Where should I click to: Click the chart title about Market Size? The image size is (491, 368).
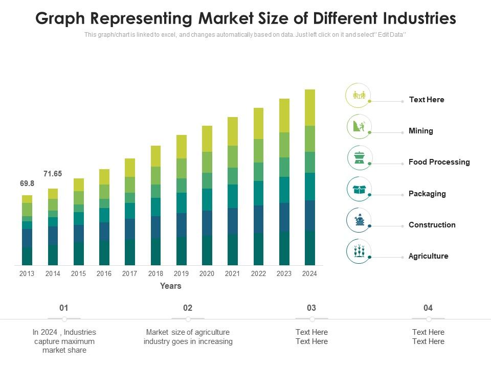(x=245, y=18)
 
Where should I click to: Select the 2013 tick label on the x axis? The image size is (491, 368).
(x=27, y=273)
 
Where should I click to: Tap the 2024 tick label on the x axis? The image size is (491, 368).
(x=309, y=273)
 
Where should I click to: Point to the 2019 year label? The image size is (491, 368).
(x=181, y=273)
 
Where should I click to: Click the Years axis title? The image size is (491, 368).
(x=170, y=286)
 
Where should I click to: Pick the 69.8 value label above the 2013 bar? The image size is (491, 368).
(x=27, y=183)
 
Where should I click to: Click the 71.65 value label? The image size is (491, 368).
(x=53, y=174)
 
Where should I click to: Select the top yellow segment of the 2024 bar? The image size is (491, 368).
(x=309, y=107)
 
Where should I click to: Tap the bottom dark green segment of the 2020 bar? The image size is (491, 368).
(x=207, y=250)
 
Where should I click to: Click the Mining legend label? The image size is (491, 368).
(x=420, y=131)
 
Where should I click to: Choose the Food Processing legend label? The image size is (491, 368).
(x=439, y=162)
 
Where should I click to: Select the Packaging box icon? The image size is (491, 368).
(x=360, y=190)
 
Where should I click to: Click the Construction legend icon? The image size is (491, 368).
(x=360, y=220)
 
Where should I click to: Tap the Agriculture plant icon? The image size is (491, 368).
(x=360, y=251)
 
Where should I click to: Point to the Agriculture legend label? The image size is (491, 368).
(x=428, y=256)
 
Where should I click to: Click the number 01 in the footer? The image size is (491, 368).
(x=64, y=308)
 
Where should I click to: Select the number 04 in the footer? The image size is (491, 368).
(x=428, y=308)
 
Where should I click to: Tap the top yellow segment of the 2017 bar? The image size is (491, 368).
(x=130, y=168)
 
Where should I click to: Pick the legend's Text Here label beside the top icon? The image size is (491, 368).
(x=426, y=100)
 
